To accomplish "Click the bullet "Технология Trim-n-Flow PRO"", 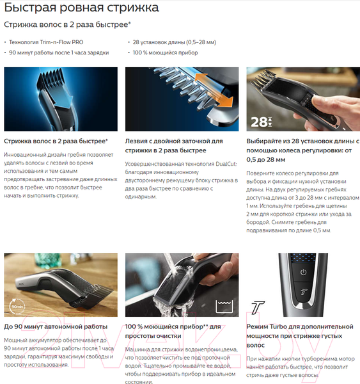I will pos(46,42).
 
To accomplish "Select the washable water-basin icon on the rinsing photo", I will pos(222,307).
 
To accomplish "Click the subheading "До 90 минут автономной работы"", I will pos(56,326).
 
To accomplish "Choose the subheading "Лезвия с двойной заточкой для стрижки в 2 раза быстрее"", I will pos(174,145).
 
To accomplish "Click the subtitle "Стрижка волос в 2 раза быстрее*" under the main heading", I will pos(67,25).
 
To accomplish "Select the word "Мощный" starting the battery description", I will pos(16,340).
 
